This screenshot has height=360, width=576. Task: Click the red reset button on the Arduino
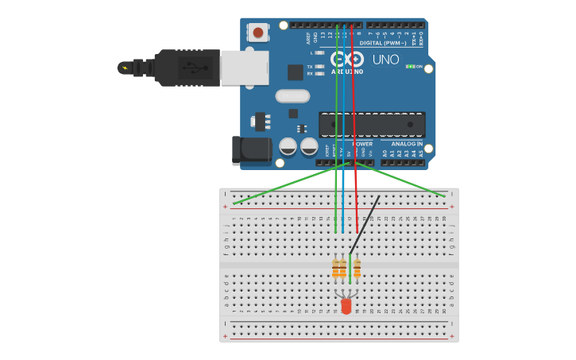point(257,33)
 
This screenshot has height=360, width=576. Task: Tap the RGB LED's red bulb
point(346,306)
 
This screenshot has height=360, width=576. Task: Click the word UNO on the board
point(385,60)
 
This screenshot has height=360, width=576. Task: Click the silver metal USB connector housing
point(244,68)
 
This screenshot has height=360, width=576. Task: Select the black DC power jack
point(250,150)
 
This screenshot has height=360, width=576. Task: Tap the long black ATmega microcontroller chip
point(372,124)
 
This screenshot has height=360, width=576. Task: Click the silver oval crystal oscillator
point(292,96)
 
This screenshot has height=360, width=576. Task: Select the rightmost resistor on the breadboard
point(357,269)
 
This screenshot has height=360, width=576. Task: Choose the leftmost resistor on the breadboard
point(336,269)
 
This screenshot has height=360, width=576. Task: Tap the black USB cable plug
point(187,68)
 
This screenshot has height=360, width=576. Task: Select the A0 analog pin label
point(385,153)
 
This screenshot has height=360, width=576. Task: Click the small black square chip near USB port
point(296,72)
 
